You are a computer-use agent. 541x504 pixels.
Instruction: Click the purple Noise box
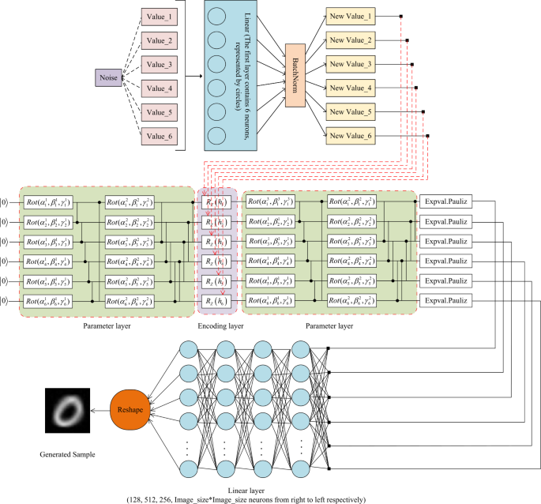coord(108,77)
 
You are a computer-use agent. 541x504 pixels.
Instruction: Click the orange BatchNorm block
coord(293,76)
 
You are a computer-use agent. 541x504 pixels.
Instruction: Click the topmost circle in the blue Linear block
coord(217,17)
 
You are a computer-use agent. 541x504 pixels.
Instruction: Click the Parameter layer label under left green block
coord(107,325)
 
